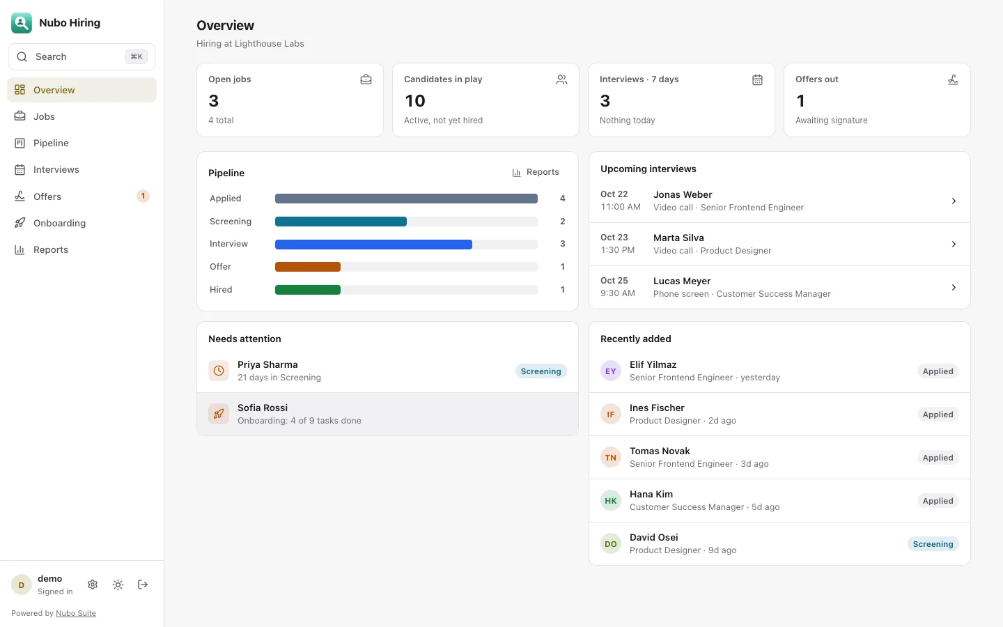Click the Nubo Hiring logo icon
coord(22,23)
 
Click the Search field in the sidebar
coord(81,57)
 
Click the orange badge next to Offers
coord(143,196)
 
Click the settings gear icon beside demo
coord(93,585)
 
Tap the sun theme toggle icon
coord(118,585)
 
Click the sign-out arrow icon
coord(142,585)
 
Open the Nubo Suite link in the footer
coord(76,613)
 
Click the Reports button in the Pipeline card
coord(536,172)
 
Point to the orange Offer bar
coord(308,267)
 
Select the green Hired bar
coord(308,290)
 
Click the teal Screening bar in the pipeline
coord(341,222)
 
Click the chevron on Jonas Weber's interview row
coord(954,201)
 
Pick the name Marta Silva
coord(678,238)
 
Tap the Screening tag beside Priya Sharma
coord(541,371)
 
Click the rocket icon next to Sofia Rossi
coord(219,414)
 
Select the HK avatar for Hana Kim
coord(611,501)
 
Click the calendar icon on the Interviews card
coord(757,79)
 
